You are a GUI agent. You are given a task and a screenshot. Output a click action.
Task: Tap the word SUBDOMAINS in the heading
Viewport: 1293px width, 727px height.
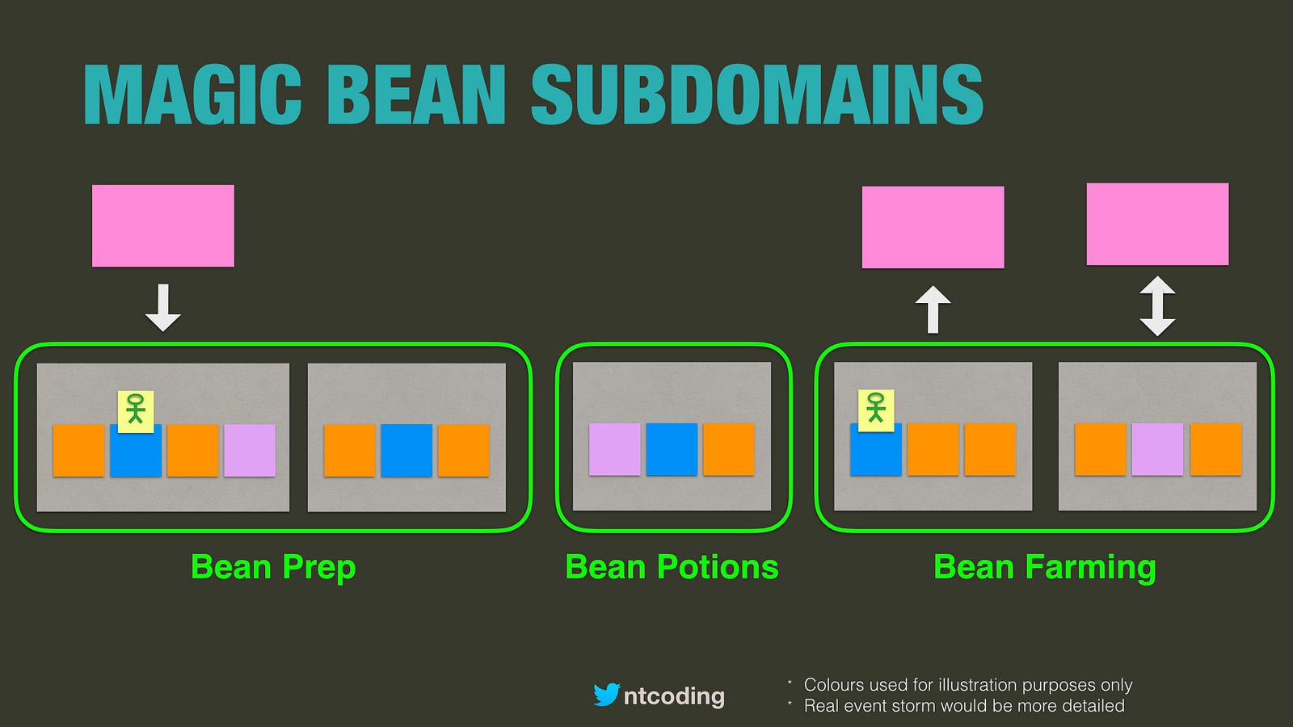click(756, 95)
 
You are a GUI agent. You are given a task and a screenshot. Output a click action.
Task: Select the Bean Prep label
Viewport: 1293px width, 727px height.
click(273, 568)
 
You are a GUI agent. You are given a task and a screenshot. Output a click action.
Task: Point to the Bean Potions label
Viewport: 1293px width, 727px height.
click(672, 566)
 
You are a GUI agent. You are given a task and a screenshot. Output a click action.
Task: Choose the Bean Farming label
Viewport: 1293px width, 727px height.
click(1045, 568)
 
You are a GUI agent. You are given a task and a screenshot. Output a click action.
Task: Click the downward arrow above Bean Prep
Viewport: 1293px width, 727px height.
click(163, 308)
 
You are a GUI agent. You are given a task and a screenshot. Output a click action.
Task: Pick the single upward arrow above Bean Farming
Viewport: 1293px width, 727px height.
click(933, 310)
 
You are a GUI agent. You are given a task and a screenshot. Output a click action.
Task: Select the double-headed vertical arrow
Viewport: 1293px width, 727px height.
click(1157, 306)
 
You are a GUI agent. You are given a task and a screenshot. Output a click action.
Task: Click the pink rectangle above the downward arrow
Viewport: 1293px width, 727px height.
click(163, 225)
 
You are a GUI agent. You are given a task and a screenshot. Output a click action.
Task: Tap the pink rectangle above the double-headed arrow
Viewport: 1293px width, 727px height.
click(1157, 224)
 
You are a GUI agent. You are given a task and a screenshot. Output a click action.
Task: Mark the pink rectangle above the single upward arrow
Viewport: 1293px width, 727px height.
click(933, 227)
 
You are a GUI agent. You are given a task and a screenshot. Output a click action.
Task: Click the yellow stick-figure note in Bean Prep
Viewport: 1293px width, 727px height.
click(136, 411)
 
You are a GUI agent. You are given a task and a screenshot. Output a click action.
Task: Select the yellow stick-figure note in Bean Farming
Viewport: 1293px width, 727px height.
click(876, 410)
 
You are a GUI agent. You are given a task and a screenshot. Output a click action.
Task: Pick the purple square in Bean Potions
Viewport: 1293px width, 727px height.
click(615, 449)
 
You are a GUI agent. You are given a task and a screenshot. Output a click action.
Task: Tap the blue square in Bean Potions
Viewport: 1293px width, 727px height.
click(672, 449)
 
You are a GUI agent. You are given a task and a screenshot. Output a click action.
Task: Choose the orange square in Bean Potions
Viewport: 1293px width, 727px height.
click(728, 449)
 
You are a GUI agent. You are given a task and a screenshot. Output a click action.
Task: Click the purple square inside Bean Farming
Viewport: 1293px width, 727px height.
click(1157, 449)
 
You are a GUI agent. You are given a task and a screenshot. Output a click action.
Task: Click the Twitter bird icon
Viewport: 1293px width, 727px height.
click(607, 695)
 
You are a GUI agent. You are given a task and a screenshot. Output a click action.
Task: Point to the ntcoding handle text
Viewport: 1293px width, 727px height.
click(674, 696)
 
